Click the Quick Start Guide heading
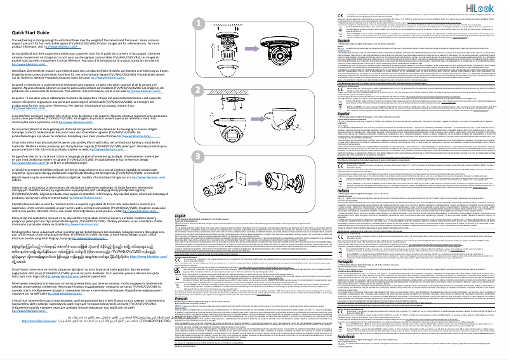[30, 32]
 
